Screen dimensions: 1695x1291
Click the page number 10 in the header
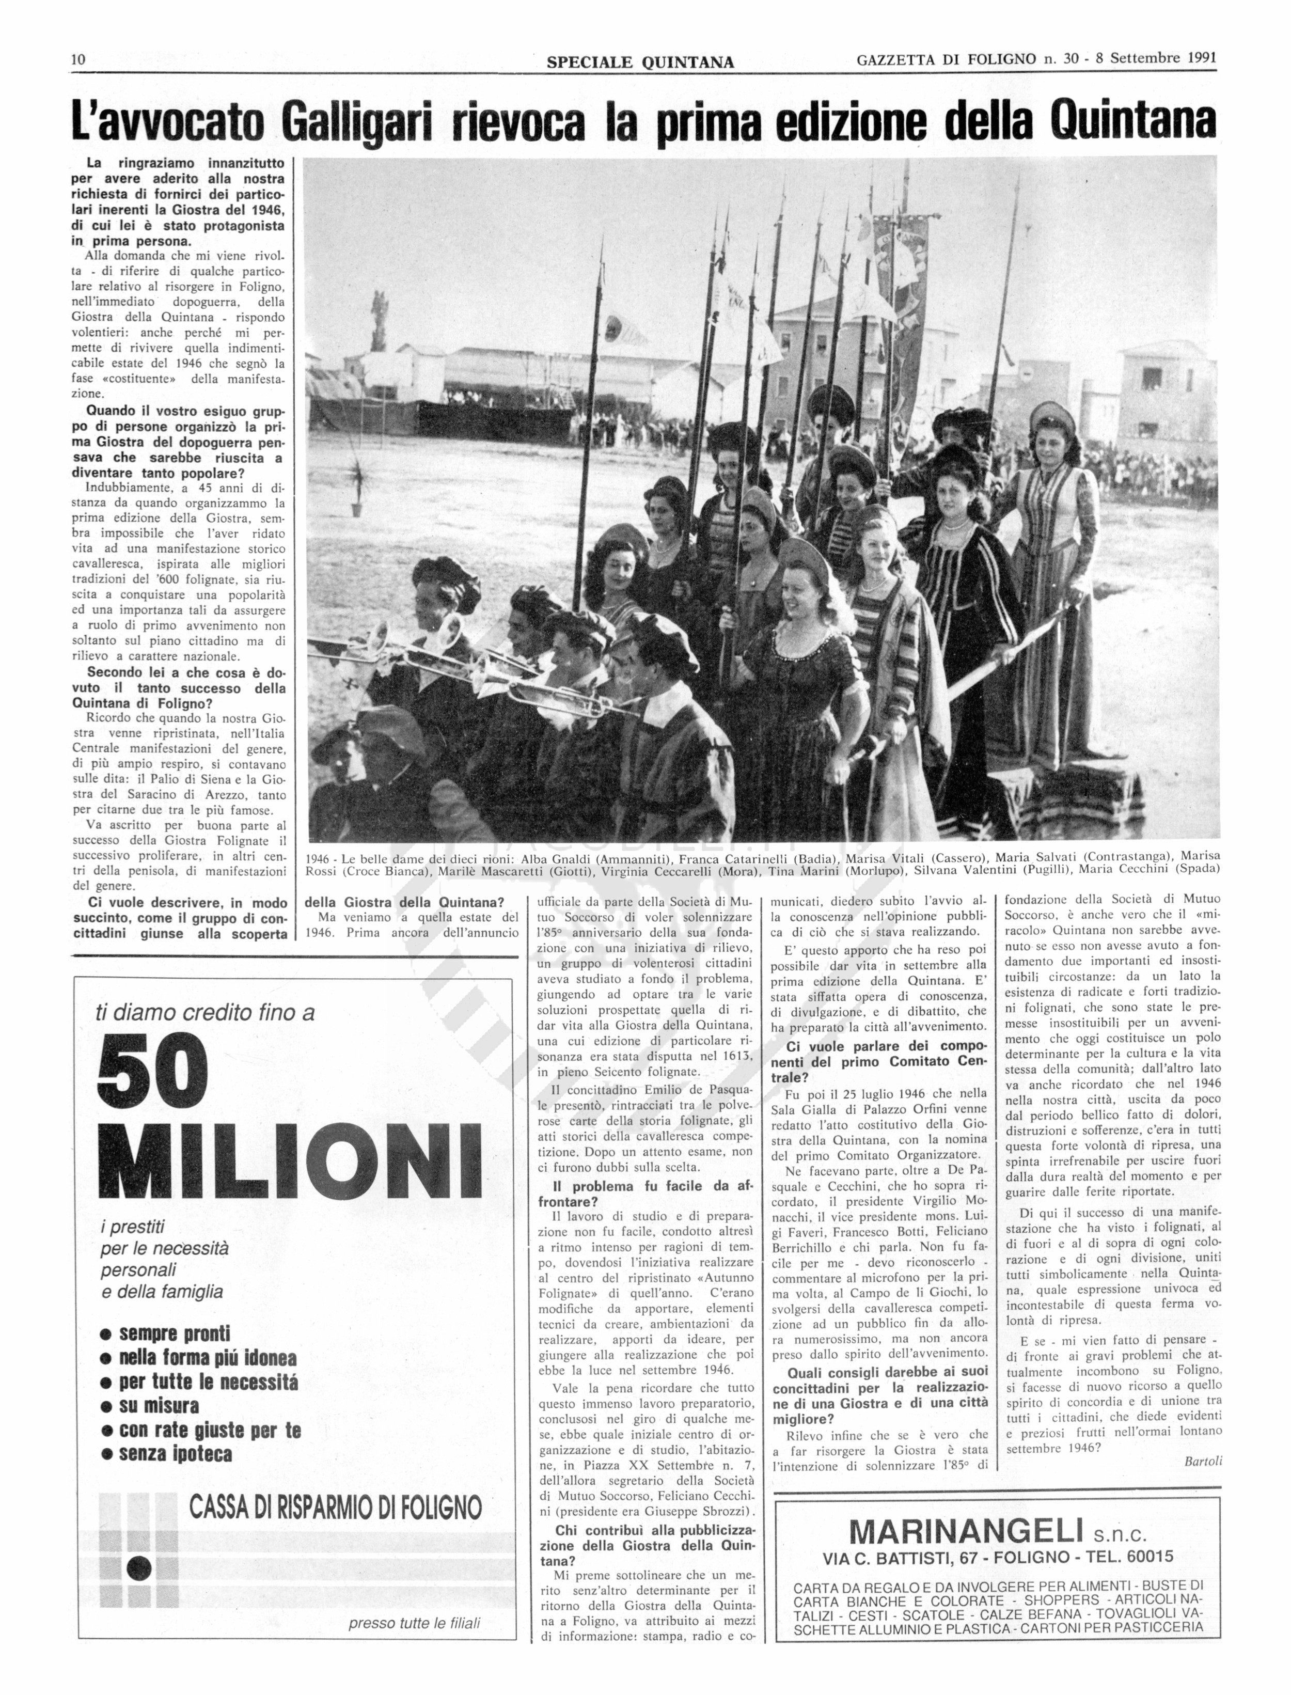pyautogui.click(x=77, y=60)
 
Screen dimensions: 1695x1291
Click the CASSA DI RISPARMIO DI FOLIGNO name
pyautogui.click(x=335, y=1506)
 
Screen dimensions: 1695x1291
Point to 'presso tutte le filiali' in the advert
pyautogui.click(x=414, y=1624)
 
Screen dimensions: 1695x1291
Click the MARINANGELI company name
pyautogui.click(x=965, y=1532)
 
